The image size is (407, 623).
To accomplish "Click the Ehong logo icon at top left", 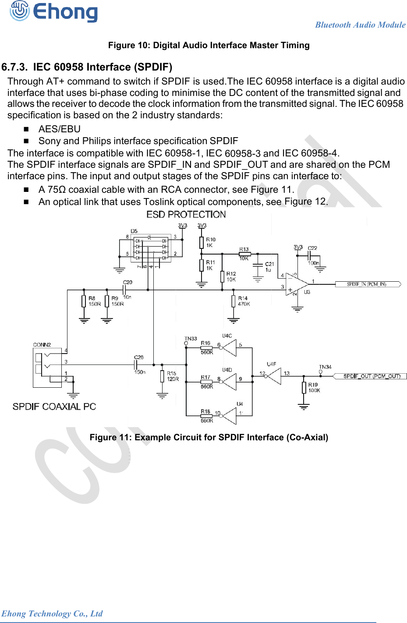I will pyautogui.click(x=19, y=11).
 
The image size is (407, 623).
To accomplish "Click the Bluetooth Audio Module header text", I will pyautogui.click(x=360, y=25).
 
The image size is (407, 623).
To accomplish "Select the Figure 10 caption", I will pyautogui.click(x=209, y=46).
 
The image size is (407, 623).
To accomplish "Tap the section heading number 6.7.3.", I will pyautogui.click(x=14, y=67).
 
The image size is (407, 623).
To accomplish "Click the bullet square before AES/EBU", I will pyautogui.click(x=26, y=129).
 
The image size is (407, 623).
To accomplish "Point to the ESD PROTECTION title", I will pyautogui.click(x=186, y=214).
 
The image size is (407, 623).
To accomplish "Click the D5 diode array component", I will pyautogui.click(x=151, y=248).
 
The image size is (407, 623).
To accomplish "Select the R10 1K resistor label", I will pyautogui.click(x=211, y=242).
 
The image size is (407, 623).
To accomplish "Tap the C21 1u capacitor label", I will pyautogui.click(x=269, y=267).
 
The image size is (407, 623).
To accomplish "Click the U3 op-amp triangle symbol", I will pyautogui.click(x=296, y=284).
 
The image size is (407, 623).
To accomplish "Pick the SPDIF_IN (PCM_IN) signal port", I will pyautogui.click(x=367, y=284).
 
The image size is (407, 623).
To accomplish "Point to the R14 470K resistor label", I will pyautogui.click(x=243, y=301).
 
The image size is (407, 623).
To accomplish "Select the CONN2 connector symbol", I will pyautogui.click(x=47, y=368).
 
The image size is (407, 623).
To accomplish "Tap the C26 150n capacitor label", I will pyautogui.click(x=139, y=365).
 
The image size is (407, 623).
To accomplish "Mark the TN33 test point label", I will pyautogui.click(x=191, y=339).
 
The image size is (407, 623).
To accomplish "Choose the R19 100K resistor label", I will pyautogui.click(x=314, y=387).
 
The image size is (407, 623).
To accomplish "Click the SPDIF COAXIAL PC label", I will pyautogui.click(x=54, y=407).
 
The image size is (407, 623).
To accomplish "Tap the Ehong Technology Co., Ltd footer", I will pyautogui.click(x=52, y=613).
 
